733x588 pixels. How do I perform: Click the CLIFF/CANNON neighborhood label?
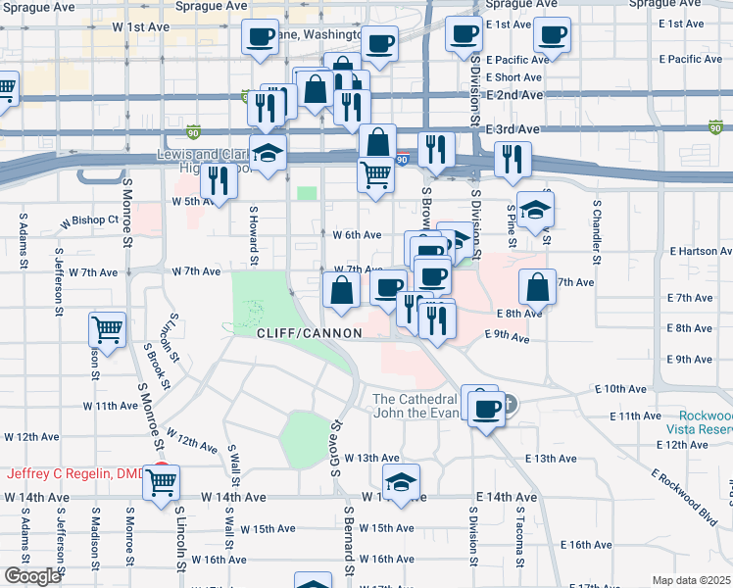point(310,333)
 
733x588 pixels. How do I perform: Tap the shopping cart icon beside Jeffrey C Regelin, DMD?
point(163,481)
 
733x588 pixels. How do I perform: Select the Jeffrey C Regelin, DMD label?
point(75,474)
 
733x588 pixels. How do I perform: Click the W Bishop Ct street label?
point(89,220)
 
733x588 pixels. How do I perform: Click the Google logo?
point(31,576)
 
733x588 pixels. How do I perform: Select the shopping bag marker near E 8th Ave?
point(538,287)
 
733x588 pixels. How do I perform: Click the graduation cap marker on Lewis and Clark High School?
point(268,152)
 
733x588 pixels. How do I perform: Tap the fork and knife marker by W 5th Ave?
point(219,180)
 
